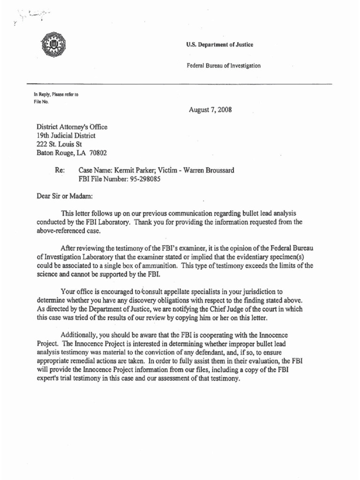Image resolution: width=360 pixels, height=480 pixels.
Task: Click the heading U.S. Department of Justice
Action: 214,45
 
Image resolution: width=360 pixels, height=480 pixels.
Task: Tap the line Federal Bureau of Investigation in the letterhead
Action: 224,66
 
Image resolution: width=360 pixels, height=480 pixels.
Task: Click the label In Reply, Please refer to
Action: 53,95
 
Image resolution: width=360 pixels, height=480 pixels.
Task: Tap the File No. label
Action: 40,101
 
